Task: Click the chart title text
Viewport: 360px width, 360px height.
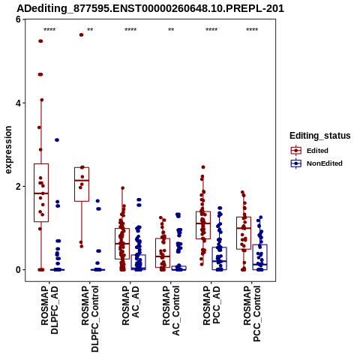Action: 150,8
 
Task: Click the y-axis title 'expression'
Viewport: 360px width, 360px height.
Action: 8,150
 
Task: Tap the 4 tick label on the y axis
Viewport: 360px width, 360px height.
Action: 18,103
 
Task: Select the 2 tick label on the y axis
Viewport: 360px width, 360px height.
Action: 18,187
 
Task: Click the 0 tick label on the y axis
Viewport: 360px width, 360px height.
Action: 18,270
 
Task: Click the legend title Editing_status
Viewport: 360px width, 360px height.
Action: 320,136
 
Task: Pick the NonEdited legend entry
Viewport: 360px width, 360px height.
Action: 316,163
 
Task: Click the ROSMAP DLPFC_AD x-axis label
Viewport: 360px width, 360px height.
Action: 49,310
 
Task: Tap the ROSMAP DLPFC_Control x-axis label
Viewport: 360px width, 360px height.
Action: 90,319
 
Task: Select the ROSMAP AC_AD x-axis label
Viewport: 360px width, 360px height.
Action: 130,305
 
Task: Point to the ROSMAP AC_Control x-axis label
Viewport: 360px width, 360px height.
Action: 171,310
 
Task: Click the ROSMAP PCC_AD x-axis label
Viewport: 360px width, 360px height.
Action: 211,305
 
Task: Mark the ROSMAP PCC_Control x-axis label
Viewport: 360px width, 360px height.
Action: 252,313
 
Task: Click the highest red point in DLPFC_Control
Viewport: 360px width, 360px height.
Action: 81,34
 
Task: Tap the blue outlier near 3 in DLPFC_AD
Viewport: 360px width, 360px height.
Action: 57,140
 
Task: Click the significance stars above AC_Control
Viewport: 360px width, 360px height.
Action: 171,30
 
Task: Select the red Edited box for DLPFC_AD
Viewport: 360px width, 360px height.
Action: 41,193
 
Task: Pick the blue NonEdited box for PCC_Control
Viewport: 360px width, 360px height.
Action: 260,257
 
